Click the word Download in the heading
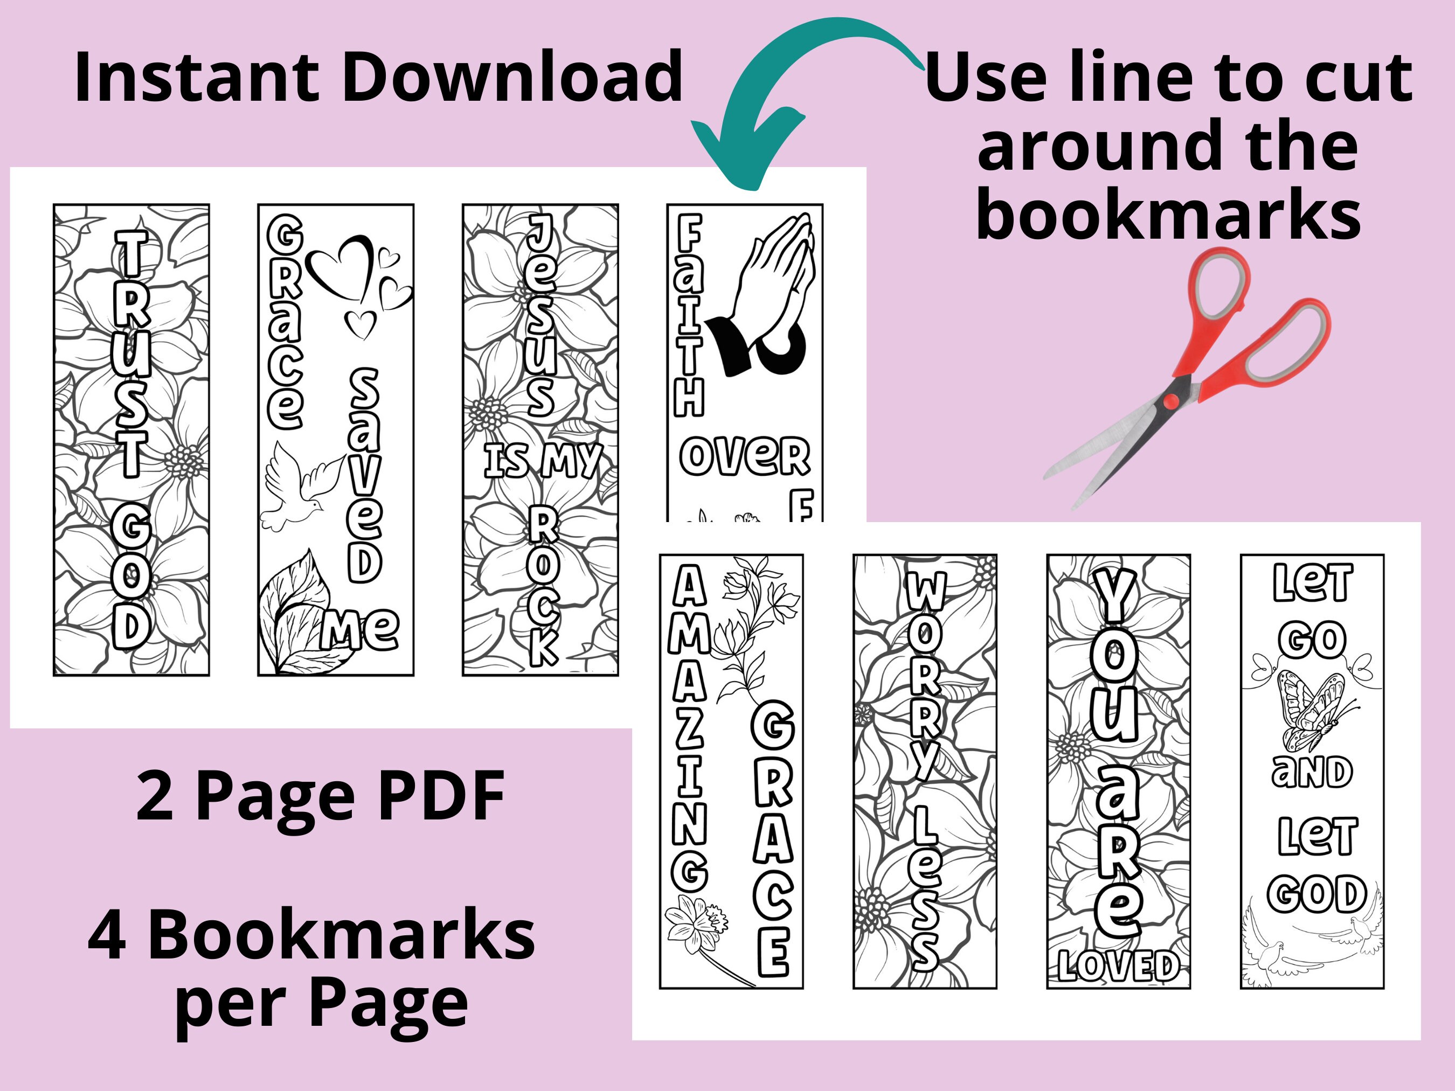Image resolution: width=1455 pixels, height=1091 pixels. coord(512,78)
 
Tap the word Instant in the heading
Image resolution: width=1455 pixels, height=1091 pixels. coord(197,78)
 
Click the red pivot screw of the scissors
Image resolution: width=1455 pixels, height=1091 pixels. coord(1171,400)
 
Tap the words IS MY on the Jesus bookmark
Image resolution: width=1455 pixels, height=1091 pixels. coord(543,460)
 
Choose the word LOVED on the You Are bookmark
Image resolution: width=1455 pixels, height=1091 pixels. coord(1118,965)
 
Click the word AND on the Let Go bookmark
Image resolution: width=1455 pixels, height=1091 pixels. coord(1312,772)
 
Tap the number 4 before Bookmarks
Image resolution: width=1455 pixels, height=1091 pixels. coord(107,936)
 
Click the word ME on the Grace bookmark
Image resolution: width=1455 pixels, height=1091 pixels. coord(360,629)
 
